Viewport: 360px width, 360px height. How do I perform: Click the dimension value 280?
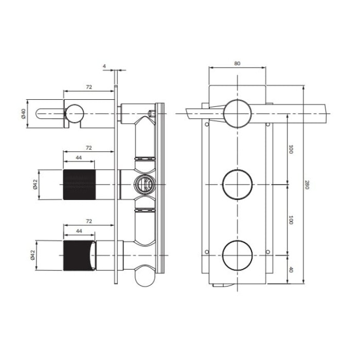pos(307,185)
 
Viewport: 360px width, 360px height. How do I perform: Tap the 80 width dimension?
pos(237,63)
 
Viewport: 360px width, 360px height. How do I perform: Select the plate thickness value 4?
pos(104,66)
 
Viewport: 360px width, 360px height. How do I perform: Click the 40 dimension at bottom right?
pos(291,270)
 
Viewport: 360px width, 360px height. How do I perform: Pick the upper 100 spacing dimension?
pos(291,149)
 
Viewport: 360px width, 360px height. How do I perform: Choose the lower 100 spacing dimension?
pos(291,220)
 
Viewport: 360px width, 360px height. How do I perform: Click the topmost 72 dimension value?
pos(89,87)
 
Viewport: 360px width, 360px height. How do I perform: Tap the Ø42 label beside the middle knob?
pos(35,184)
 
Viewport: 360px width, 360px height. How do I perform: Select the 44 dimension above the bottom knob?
pos(79,231)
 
